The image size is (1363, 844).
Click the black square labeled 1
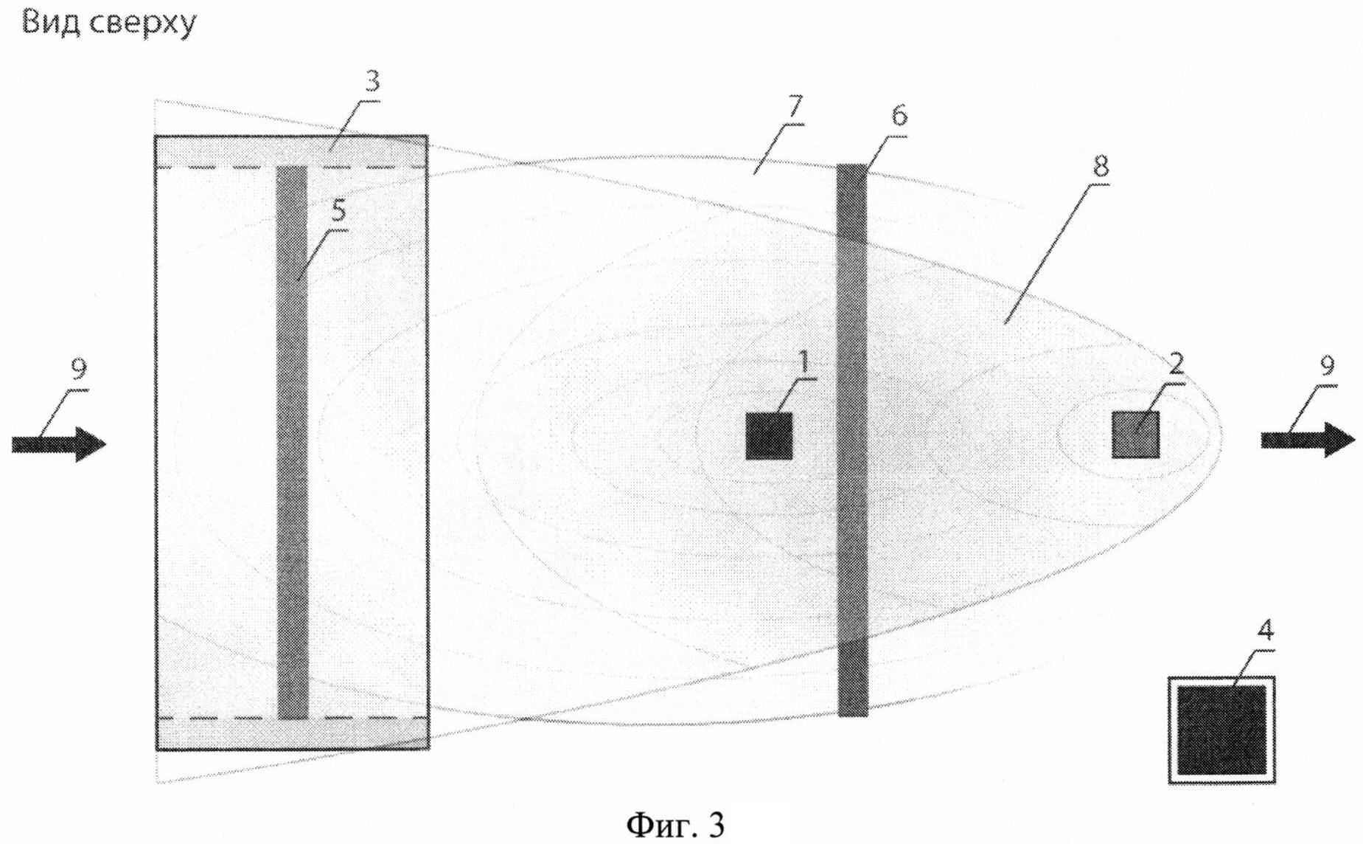coord(768,436)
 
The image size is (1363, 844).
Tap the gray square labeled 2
coord(1135,435)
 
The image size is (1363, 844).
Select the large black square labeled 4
coord(1221,730)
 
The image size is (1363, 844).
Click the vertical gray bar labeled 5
coord(292,443)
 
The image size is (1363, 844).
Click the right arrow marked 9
coord(1308,440)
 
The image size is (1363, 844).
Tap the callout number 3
coord(372,81)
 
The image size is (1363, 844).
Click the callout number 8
coord(1099,167)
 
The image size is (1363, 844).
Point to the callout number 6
coord(899,116)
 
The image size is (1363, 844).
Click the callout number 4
coord(1265,632)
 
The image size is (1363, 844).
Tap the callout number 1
coord(804,362)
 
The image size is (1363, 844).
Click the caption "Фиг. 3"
coord(675,824)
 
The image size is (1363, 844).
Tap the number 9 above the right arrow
coord(1326,365)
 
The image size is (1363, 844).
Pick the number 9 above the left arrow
coord(78,367)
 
